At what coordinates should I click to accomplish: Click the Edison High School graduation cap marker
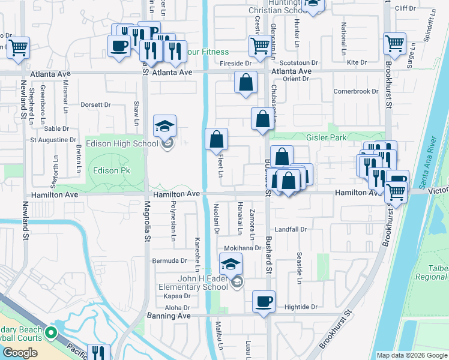click(x=164, y=127)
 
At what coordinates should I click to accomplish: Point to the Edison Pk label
click(x=111, y=171)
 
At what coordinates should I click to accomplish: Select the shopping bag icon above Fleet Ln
click(x=217, y=139)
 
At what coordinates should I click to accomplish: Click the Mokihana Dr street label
click(x=243, y=248)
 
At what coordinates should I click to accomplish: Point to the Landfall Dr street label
click(x=291, y=229)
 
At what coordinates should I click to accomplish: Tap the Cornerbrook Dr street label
click(x=357, y=91)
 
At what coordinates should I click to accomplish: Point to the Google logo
click(x=20, y=353)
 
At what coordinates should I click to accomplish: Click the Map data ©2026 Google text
click(x=411, y=355)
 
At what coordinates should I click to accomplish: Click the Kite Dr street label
click(x=357, y=62)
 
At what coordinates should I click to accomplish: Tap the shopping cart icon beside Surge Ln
click(x=395, y=43)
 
